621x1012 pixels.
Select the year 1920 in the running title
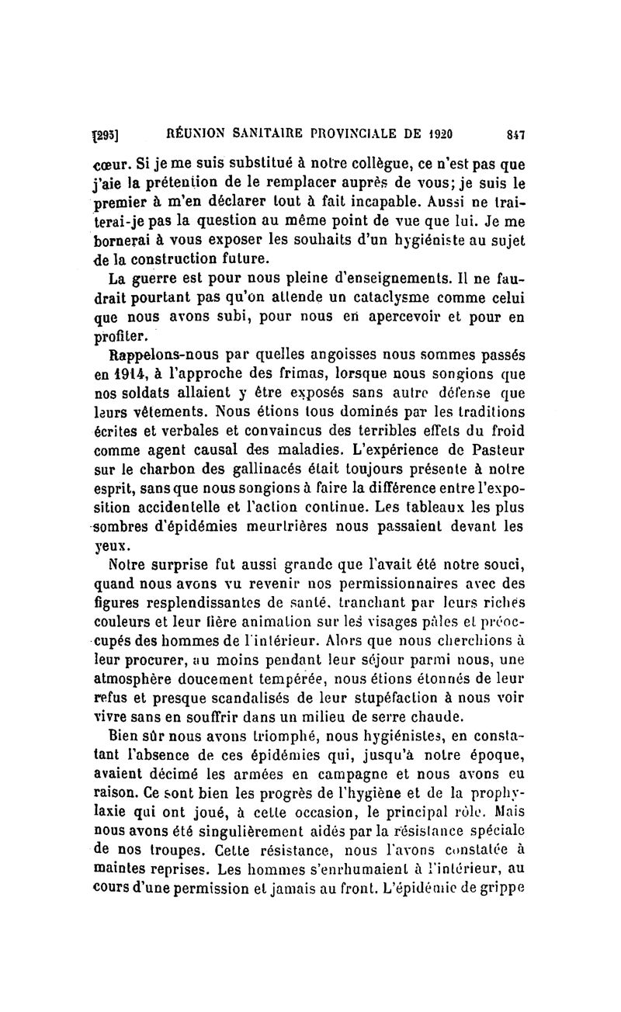click(438, 133)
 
